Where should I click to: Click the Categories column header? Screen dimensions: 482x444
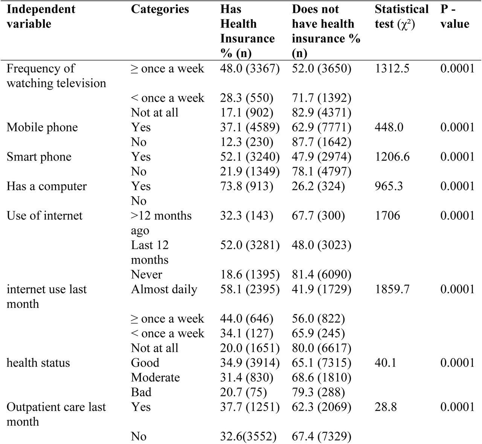160,9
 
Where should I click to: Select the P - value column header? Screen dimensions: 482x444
455,17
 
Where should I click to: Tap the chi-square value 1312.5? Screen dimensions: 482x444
392,69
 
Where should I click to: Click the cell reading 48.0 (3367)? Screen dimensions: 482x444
250,69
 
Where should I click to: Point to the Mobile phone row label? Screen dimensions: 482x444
42,127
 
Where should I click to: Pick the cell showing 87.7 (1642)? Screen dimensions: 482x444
322,142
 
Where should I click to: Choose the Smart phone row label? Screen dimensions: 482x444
39,157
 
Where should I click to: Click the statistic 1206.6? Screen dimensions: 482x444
392,157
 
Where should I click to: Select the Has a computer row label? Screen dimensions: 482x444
47,187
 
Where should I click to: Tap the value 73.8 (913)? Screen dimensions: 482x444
247,187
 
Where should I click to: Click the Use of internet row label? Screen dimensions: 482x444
44,216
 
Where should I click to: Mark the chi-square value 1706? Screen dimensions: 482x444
387,216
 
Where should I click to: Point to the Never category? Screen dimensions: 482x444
146,274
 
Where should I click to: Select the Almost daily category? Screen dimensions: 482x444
164,289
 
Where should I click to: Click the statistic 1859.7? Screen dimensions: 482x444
392,289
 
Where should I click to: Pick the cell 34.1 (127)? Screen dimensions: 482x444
247,333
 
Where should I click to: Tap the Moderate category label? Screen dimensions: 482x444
155,377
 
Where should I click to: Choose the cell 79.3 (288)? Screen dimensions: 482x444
318,392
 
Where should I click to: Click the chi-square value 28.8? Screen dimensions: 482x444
386,407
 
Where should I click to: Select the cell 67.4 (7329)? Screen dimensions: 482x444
322,436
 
